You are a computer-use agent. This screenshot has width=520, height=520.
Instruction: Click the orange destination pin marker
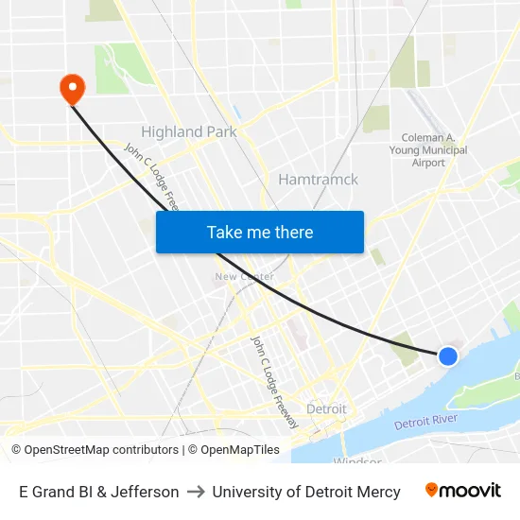pos(72,89)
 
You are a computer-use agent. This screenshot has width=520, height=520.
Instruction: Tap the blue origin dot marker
pos(448,355)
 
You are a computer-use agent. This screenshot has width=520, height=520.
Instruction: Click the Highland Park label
pos(188,131)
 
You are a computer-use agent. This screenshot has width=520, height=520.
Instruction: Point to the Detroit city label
pos(326,408)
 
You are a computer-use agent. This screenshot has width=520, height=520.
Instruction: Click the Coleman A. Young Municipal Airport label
pos(428,149)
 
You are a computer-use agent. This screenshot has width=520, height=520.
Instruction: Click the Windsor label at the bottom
pos(357,461)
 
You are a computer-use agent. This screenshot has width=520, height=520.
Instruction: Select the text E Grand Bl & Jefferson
pos(98,492)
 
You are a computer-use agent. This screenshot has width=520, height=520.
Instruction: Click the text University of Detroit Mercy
pos(306,492)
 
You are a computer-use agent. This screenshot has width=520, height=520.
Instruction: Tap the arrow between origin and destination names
pos(196,492)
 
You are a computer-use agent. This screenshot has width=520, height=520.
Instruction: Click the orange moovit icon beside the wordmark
pos(432,490)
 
